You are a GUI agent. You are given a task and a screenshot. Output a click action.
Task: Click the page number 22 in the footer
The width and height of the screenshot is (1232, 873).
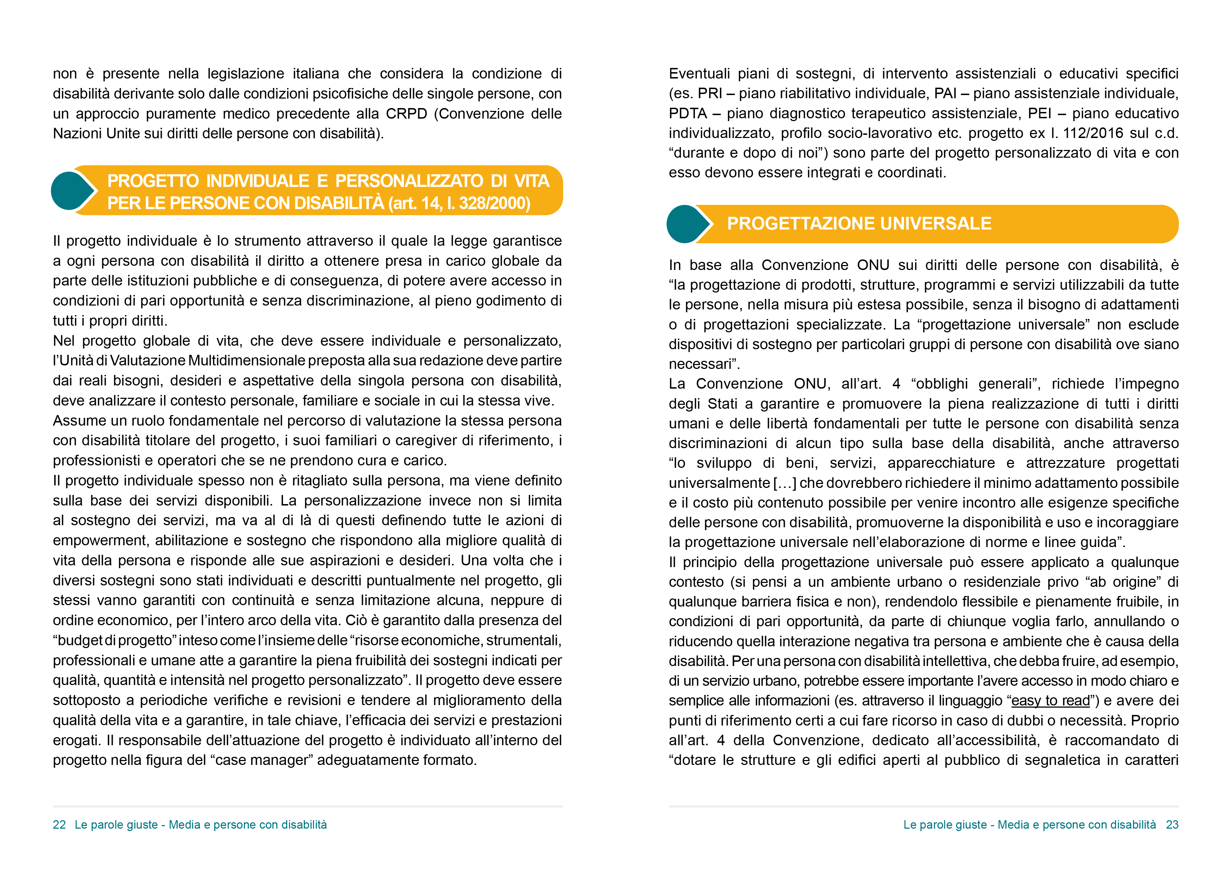click(x=59, y=825)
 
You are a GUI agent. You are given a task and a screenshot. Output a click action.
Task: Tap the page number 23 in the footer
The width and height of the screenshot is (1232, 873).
click(x=1172, y=825)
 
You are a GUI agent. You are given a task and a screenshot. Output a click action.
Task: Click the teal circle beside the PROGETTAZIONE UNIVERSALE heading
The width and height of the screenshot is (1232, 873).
click(x=685, y=224)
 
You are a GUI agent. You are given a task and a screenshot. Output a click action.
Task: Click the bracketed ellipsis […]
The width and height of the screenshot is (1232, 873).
click(x=784, y=483)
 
